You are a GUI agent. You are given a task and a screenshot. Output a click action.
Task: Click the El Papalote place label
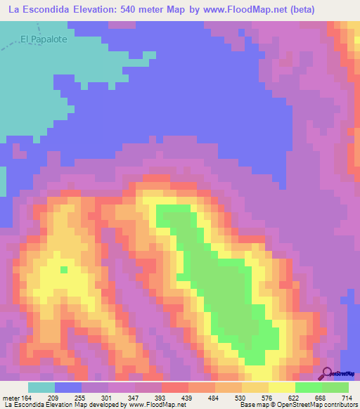point(44,39)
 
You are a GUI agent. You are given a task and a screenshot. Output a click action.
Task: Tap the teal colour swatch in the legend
point(41,387)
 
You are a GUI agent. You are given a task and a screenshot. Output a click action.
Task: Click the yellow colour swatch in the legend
point(282,387)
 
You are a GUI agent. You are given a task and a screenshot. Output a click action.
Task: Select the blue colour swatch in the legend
point(68,387)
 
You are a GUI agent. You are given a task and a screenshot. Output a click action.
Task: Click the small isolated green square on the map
point(64,268)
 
